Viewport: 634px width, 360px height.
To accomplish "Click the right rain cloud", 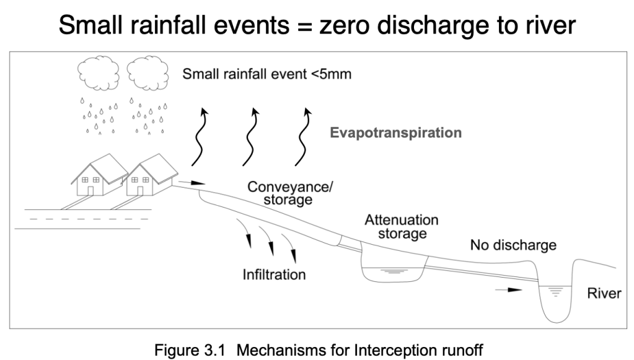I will tap(148, 74).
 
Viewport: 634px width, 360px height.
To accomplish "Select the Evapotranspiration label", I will tap(395, 133).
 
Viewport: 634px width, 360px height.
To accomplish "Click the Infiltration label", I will tap(273, 274).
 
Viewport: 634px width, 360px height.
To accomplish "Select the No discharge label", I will tap(513, 245).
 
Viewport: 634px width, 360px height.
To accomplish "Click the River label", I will tap(604, 294).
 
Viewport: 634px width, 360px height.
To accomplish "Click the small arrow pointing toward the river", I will tap(509, 289).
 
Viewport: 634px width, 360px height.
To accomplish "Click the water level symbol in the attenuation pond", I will tap(392, 270).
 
